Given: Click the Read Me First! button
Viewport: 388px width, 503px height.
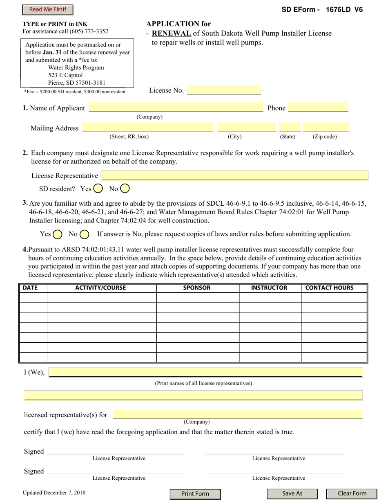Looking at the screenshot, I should click(x=47, y=10).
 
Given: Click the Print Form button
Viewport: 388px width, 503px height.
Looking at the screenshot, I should click(x=195, y=494).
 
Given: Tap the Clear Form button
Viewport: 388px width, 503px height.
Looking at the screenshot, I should click(x=352, y=494).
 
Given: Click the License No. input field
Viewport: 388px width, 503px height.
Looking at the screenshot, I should click(x=223, y=90).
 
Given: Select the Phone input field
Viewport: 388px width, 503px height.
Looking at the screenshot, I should click(x=318, y=108).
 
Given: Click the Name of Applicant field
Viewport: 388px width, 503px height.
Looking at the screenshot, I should click(x=176, y=108).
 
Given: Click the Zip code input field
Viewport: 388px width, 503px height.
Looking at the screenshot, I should click(x=326, y=128).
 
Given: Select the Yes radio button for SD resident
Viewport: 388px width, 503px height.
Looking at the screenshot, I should click(x=98, y=189).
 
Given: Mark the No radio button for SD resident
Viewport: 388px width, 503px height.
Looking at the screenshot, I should click(x=125, y=189).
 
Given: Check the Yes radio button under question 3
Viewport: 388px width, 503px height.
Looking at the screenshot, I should click(x=58, y=234).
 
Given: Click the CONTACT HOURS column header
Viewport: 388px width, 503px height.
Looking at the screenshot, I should click(x=329, y=288).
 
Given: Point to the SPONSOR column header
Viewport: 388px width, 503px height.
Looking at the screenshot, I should click(x=197, y=288).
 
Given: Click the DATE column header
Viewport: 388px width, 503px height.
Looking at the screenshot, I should click(x=30, y=288).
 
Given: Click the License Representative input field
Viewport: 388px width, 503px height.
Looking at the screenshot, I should click(x=234, y=176).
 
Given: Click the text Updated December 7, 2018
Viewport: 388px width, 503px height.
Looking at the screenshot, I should click(x=54, y=493).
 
